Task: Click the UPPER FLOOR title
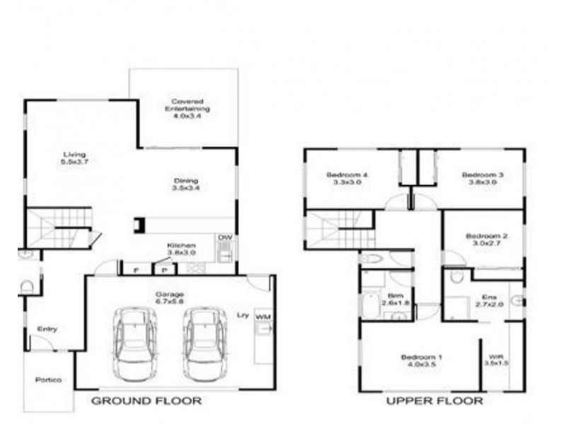(434, 401)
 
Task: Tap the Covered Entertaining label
(187, 110)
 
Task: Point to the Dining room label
(185, 184)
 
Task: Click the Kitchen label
(181, 249)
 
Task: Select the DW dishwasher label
(224, 237)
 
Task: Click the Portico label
(49, 380)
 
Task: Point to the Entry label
(47, 329)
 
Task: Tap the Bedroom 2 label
(484, 240)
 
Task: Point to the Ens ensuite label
(489, 301)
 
